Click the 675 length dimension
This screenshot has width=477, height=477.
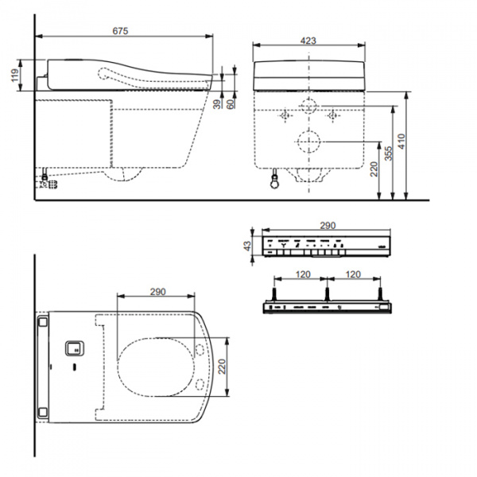(x=120, y=30)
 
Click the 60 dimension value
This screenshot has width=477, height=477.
(x=231, y=103)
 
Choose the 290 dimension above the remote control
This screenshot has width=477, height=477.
(x=328, y=227)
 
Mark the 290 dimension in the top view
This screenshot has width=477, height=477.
(x=156, y=292)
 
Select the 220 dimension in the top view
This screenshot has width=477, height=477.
(x=223, y=366)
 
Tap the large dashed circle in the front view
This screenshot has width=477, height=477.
(x=308, y=143)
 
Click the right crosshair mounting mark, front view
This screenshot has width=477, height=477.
(x=334, y=116)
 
